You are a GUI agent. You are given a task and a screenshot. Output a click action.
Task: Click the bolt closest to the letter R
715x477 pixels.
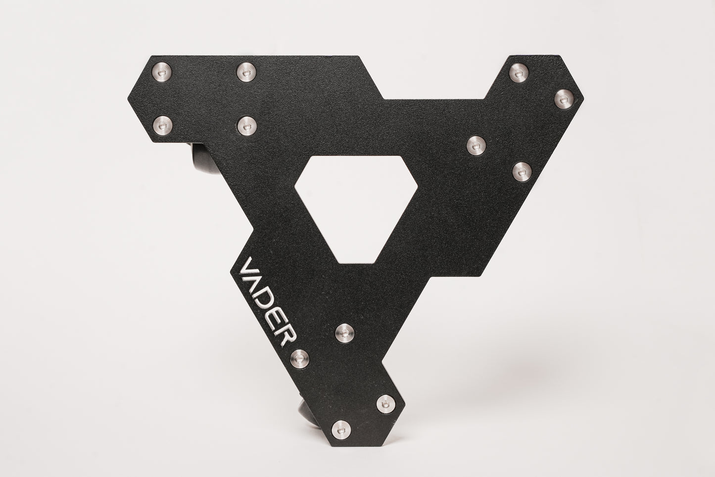(300, 358)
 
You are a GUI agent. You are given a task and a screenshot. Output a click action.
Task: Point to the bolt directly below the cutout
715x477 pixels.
(345, 333)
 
